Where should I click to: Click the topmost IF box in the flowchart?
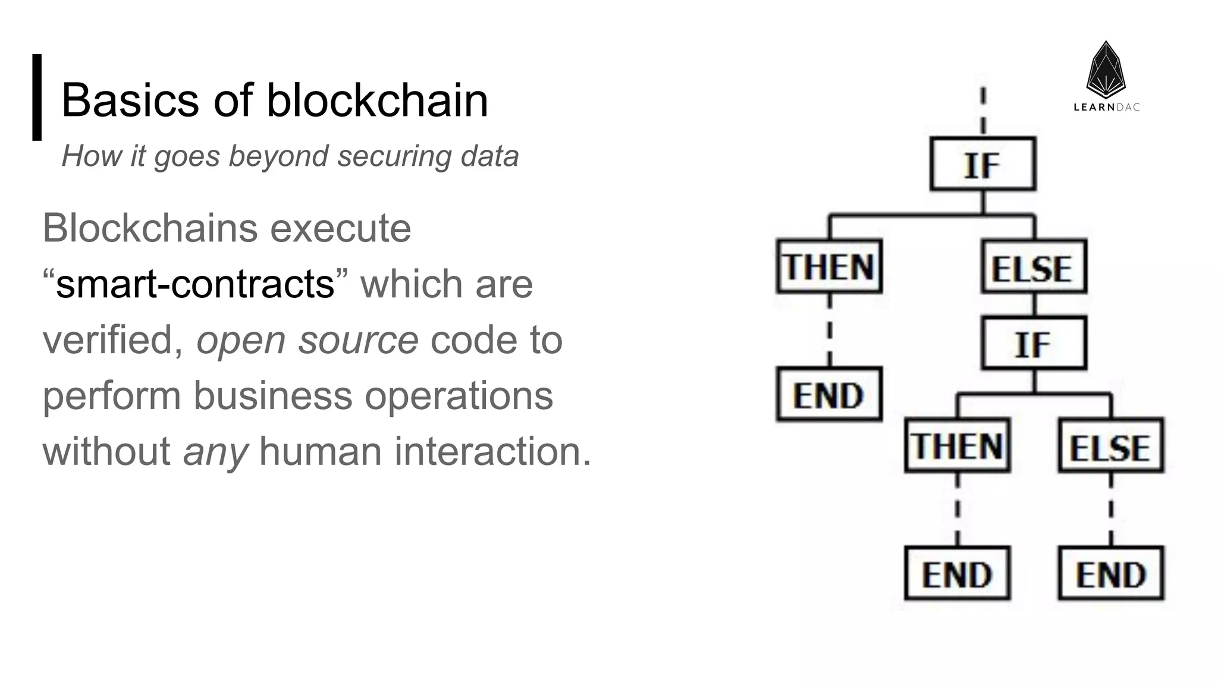(982, 164)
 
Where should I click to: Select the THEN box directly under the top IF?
(829, 266)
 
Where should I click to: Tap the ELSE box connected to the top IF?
(1034, 267)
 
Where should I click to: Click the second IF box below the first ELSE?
(1034, 344)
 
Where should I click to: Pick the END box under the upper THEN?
(829, 395)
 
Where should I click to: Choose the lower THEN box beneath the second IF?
(957, 446)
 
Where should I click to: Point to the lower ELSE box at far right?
(1110, 446)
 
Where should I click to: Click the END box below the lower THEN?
(957, 574)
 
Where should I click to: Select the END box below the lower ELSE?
(1110, 574)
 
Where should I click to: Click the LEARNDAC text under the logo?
(1106, 108)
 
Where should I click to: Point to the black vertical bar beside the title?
(37, 98)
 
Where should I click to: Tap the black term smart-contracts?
(195, 284)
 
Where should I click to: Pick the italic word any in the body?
(215, 452)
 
